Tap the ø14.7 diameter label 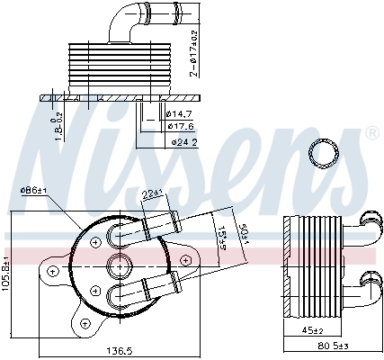(178, 113)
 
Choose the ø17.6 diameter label (178, 126)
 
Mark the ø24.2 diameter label (184, 142)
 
